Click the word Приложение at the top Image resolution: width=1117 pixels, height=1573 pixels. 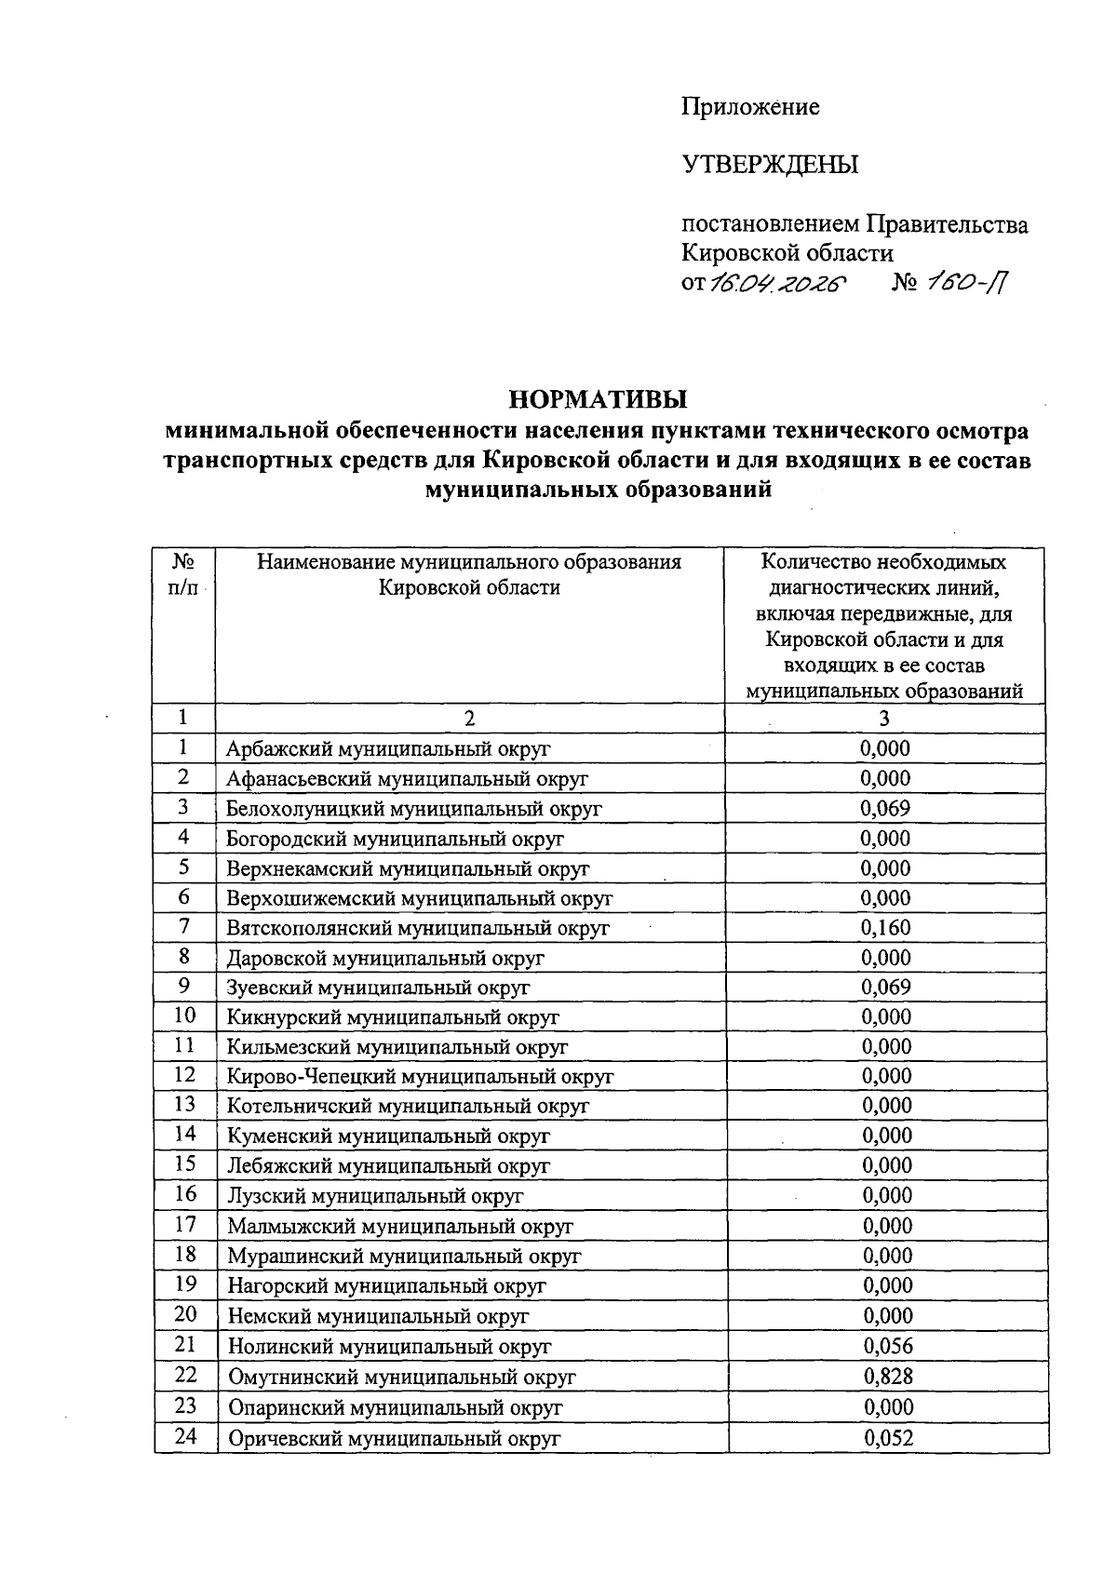click(750, 108)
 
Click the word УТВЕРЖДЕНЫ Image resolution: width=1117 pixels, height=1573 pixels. click(770, 166)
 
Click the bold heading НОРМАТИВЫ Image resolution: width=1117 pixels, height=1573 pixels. click(598, 399)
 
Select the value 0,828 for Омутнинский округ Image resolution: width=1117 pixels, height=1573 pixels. click(888, 1376)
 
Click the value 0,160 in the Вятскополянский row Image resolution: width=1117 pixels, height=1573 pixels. click(885, 927)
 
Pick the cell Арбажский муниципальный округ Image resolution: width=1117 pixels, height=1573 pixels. click(388, 748)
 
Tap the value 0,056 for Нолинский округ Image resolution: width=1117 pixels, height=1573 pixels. click(888, 1345)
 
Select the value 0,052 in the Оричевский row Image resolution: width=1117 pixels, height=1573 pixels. click(888, 1437)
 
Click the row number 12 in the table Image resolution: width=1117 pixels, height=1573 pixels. click(184, 1075)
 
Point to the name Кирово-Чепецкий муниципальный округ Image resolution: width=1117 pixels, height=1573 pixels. click(420, 1076)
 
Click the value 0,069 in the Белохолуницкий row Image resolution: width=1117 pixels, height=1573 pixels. click(885, 808)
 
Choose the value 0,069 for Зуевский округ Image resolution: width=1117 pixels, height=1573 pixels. click(885, 987)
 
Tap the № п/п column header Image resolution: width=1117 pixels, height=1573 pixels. click(183, 574)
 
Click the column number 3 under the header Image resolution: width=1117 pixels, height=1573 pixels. click(883, 718)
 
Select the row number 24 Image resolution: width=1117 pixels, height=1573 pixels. click(185, 1436)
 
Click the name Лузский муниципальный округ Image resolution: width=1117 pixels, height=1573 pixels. click(375, 1195)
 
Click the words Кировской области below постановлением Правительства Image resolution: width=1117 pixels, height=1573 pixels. click(787, 253)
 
